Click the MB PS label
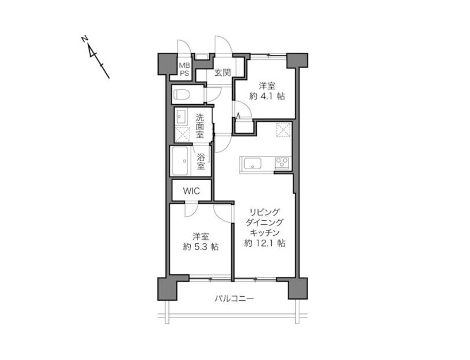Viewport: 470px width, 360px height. [184, 70]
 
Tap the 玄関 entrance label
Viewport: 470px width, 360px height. [222, 72]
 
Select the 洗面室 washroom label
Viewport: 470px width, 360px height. [200, 126]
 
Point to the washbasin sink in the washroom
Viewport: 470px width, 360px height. [181, 117]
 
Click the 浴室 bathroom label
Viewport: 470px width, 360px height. [201, 162]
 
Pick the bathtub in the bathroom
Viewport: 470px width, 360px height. [179, 161]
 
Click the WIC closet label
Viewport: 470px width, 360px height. [191, 191]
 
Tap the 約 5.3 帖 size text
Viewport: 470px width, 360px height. [201, 247]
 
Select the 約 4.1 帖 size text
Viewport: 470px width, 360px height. [267, 97]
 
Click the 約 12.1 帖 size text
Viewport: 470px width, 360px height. [265, 243]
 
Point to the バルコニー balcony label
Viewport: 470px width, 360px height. [234, 299]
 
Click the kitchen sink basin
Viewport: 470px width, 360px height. [253, 164]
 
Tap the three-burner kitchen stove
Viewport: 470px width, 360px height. [282, 164]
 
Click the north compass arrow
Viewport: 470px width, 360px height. [95, 57]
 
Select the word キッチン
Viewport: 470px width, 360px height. [265, 232]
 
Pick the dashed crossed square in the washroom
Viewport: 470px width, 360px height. [183, 134]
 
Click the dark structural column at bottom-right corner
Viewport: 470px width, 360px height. [298, 288]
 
